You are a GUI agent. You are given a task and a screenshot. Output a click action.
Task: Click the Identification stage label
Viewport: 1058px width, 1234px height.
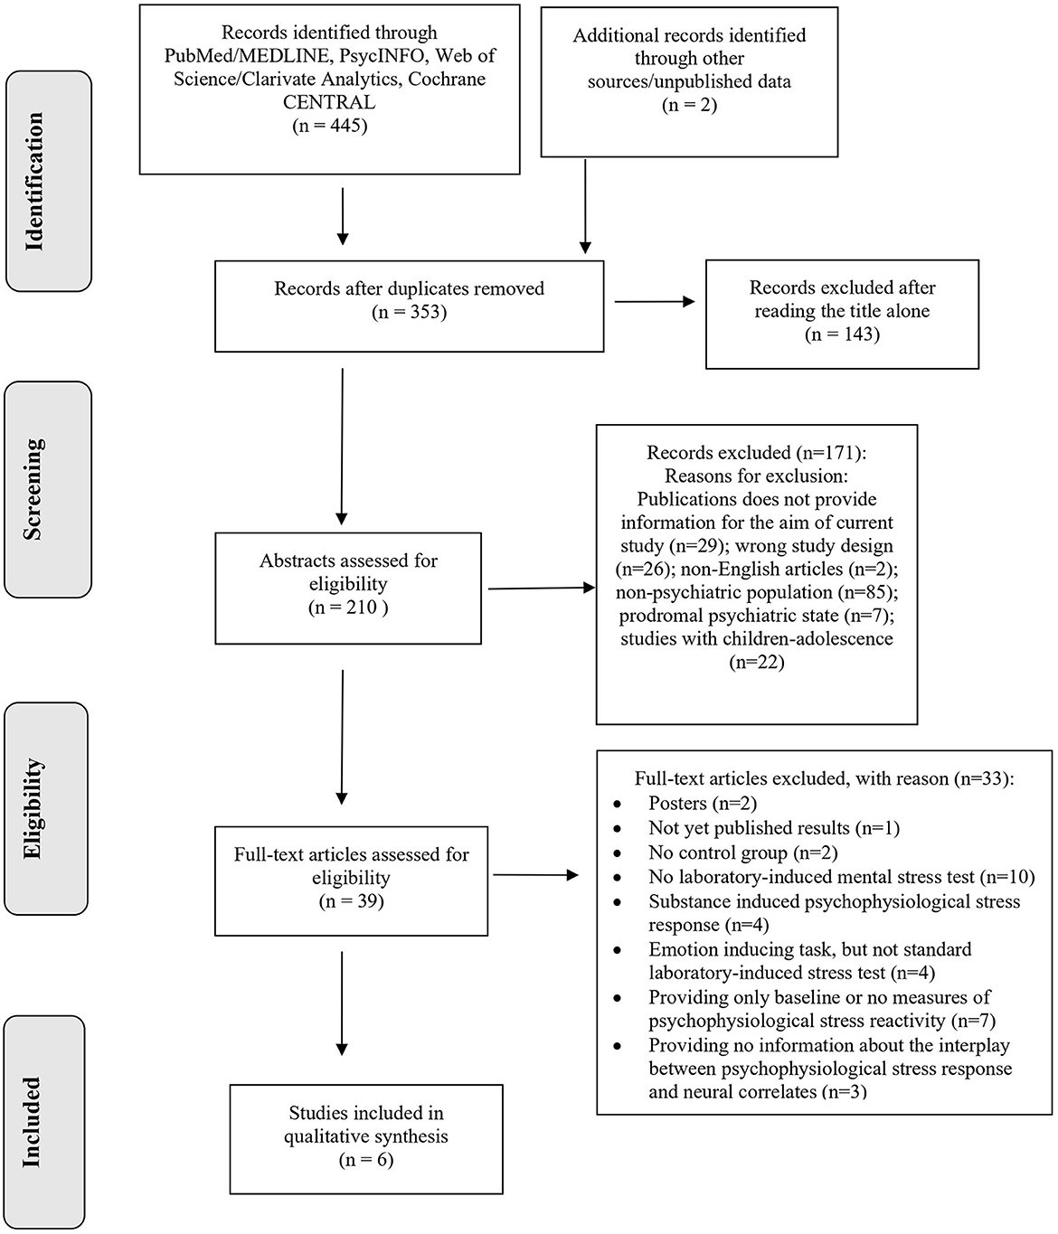tap(34, 181)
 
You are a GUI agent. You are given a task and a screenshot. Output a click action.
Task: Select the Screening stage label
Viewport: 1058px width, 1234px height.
tap(33, 489)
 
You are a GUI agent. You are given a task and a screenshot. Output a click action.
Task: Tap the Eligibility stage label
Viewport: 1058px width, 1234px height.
tap(34, 808)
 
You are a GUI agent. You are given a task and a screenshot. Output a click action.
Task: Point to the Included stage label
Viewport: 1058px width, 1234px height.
tap(33, 1121)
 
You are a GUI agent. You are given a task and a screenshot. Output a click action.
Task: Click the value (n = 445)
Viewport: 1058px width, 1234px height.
tap(330, 126)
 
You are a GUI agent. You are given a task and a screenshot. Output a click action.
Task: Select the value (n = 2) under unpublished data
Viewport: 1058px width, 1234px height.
tap(689, 105)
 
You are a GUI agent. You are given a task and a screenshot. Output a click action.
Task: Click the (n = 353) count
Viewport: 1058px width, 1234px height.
tap(409, 313)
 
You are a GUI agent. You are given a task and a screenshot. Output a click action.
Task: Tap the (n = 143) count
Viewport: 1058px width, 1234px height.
tap(842, 334)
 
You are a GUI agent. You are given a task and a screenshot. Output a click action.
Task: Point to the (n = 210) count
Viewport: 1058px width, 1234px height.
tap(348, 608)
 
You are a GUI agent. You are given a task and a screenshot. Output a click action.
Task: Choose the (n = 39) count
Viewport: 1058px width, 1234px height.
tap(351, 901)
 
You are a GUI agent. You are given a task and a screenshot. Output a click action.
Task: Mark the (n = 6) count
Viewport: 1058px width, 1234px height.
tap(365, 1160)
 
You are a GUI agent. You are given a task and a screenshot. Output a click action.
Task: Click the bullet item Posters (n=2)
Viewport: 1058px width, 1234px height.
tap(702, 803)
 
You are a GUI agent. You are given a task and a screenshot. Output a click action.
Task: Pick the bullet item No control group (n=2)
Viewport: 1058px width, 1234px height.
tap(742, 852)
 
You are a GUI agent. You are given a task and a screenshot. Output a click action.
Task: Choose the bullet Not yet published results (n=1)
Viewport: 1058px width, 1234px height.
tap(773, 827)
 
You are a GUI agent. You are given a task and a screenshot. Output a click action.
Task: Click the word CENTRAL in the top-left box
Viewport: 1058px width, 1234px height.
tap(330, 102)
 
